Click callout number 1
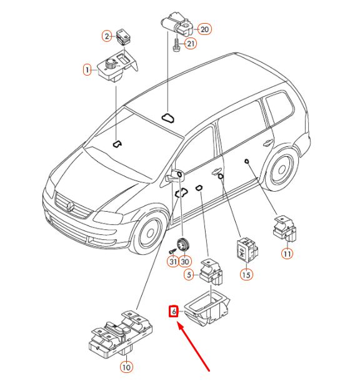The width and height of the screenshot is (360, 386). [87, 70]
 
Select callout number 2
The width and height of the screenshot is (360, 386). [107, 36]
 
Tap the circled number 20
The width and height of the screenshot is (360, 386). [204, 29]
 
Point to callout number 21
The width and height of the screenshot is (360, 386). [191, 44]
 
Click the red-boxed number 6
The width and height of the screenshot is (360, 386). [174, 312]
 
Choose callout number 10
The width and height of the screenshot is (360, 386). [126, 367]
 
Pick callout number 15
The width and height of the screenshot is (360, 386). [246, 275]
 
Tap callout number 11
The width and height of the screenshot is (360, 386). [287, 254]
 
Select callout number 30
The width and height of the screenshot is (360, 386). [185, 262]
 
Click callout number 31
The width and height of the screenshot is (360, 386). [173, 262]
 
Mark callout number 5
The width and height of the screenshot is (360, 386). [189, 275]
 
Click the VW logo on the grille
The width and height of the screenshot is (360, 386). [71, 206]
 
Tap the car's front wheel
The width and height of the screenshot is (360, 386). [150, 233]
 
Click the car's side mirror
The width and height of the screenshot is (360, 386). [175, 176]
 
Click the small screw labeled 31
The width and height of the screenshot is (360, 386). [172, 251]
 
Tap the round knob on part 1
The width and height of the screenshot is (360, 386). [110, 64]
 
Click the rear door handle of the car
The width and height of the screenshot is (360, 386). [268, 142]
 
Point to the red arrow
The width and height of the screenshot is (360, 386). [193, 347]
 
